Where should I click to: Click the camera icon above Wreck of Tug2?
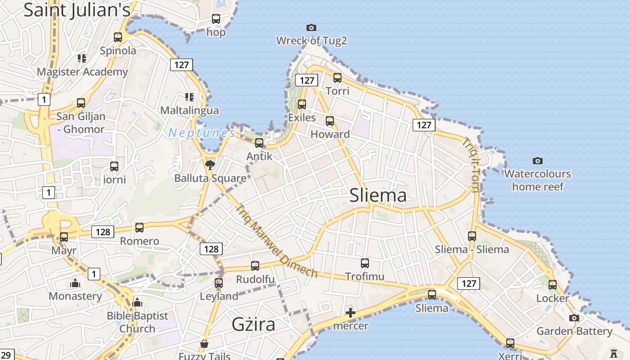tap(311, 28)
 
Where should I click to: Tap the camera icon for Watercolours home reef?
tap(537, 161)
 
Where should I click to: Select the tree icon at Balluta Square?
tap(210, 165)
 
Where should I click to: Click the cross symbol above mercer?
tap(351, 313)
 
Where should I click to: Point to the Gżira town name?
tap(253, 324)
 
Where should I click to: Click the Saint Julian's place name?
tap(76, 10)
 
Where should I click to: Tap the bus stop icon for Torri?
tap(337, 78)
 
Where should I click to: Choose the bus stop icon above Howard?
tap(330, 121)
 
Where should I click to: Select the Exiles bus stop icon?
tap(302, 104)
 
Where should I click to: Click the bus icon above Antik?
tap(259, 143)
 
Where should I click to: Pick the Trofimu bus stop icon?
tap(365, 263)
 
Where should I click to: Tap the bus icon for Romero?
tap(139, 228)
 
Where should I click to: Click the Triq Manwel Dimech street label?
tap(277, 241)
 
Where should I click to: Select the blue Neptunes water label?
tap(202, 133)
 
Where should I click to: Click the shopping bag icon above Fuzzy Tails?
tap(204, 344)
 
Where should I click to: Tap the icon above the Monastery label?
tap(75, 283)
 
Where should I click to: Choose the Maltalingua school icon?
tap(189, 97)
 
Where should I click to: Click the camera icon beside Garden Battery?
tap(574, 318)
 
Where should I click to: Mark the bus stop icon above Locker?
tap(553, 285)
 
